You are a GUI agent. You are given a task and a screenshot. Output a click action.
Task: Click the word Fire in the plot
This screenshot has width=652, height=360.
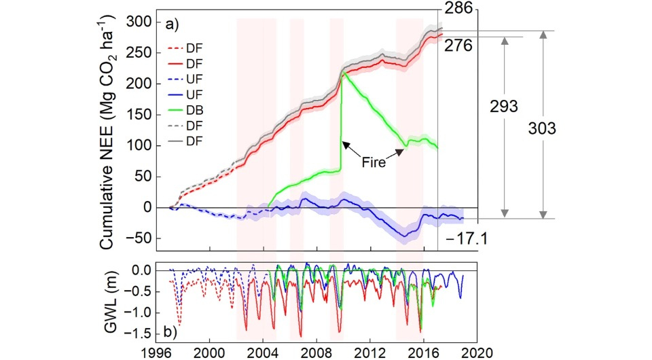coord(372,163)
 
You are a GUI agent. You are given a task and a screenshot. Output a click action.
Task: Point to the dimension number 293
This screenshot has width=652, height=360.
coord(503,107)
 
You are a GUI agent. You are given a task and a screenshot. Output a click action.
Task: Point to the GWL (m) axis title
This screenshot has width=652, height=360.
coord(115,300)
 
